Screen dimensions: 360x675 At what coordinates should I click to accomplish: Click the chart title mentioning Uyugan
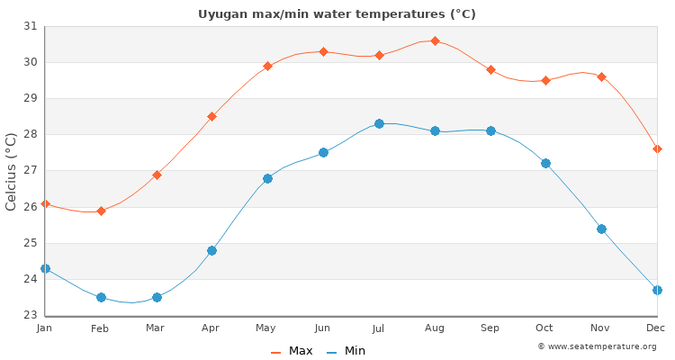point(337,13)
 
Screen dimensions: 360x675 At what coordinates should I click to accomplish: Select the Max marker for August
point(435,40)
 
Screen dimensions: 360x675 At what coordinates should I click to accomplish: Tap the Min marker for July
point(379,123)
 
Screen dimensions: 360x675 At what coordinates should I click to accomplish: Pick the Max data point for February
point(101,211)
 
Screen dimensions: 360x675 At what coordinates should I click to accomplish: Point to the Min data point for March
point(157,297)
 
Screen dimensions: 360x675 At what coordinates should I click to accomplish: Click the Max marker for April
point(211,116)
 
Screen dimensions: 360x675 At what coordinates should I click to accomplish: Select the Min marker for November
point(601,229)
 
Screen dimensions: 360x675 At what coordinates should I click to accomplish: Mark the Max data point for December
point(657,148)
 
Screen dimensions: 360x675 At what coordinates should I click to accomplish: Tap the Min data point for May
point(267,178)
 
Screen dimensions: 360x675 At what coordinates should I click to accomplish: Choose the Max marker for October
point(545,80)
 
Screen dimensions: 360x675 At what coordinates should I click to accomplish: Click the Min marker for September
point(490,130)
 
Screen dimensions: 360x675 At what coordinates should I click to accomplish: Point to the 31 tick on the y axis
point(30,26)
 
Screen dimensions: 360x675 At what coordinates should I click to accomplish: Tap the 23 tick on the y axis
point(30,315)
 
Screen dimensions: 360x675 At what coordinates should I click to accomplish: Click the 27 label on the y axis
point(30,170)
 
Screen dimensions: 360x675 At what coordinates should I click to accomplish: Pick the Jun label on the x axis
point(323,328)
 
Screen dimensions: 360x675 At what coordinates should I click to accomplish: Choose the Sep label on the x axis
point(490,328)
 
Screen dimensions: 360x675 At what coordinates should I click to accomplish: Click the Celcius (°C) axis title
point(12,171)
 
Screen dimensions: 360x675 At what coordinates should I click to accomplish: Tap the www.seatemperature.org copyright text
point(597,346)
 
